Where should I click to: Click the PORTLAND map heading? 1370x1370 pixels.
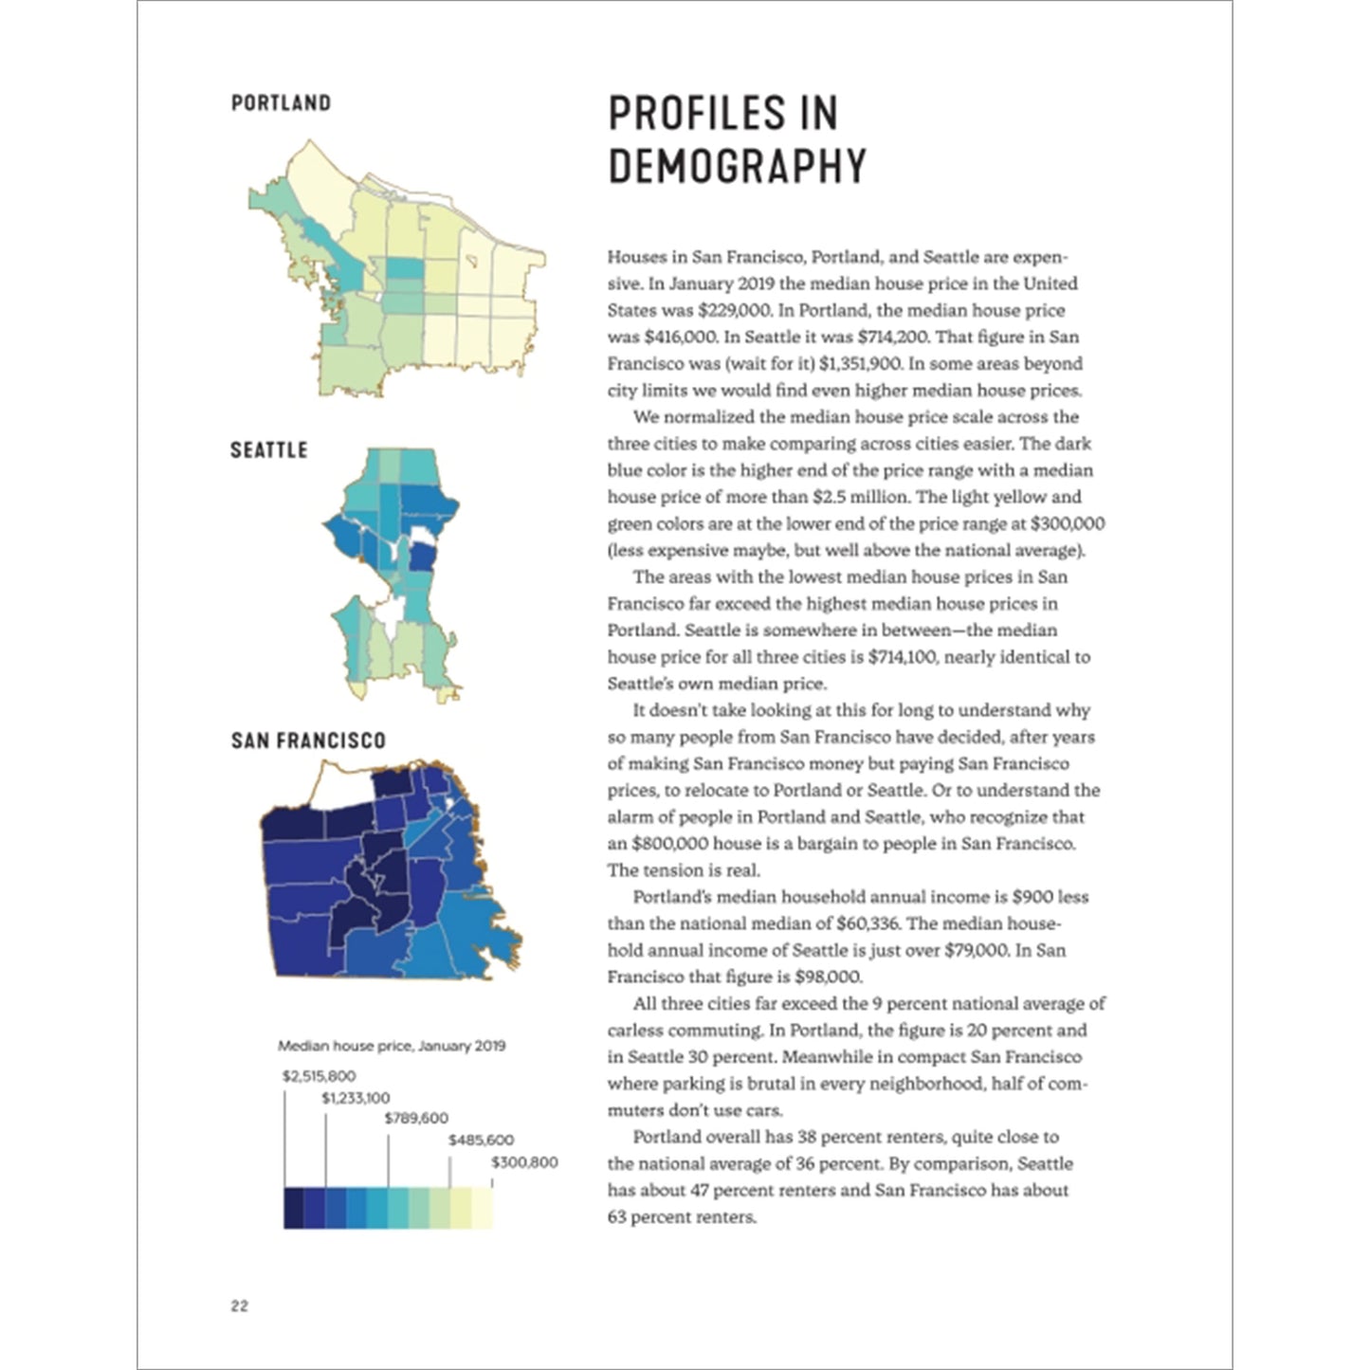pos(281,102)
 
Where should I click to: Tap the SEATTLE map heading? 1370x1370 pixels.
pos(268,449)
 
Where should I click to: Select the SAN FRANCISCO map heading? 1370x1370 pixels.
pos(308,740)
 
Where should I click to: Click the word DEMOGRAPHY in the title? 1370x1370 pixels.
pos(737,166)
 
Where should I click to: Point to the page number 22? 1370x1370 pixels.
pos(239,1306)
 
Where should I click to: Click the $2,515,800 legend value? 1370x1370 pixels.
pos(319,1076)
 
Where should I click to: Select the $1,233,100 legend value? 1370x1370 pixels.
pos(356,1098)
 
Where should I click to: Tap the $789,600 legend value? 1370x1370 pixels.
pos(416,1119)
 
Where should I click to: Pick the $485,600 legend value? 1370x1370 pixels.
pos(481,1141)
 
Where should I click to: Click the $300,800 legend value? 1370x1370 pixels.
pos(524,1162)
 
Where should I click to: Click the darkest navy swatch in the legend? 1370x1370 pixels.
pos(294,1208)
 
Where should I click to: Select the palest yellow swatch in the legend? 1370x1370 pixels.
pos(483,1208)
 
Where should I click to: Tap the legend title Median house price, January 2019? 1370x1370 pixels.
pos(392,1046)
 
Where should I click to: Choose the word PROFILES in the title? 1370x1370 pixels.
pos(722,113)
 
